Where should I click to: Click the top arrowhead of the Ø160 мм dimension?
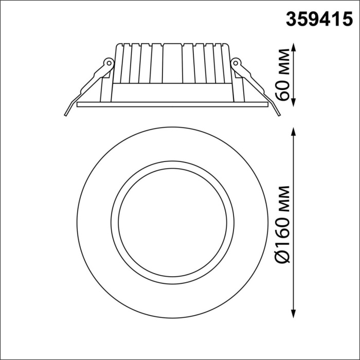[x=294, y=129]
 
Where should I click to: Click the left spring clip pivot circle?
[x=109, y=62]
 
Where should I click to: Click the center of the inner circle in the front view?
[x=172, y=223]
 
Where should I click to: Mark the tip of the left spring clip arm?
[x=66, y=113]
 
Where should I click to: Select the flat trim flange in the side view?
[x=172, y=104]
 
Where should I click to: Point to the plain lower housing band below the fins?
[x=172, y=92]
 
